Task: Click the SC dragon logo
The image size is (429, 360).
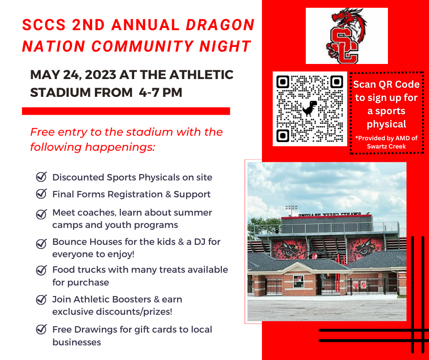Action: [x=346, y=36]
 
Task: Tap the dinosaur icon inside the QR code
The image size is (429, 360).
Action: [x=310, y=108]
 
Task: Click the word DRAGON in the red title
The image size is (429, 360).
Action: [x=220, y=25]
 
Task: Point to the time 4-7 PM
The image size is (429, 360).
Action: [x=161, y=92]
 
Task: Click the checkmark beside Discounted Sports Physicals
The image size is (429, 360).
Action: [x=42, y=177]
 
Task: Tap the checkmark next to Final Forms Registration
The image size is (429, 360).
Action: [x=42, y=194]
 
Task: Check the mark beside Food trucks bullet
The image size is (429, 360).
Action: [x=42, y=270]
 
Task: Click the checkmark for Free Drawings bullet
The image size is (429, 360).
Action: [x=42, y=329]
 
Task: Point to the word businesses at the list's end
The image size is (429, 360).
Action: [x=77, y=342]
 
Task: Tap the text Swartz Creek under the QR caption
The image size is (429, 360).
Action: [x=386, y=146]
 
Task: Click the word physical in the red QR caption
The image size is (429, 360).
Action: [x=386, y=125]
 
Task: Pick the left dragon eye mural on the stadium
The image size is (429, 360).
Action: [x=288, y=249]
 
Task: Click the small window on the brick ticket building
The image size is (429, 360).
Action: [x=298, y=281]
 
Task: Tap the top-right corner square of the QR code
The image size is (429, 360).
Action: [x=337, y=82]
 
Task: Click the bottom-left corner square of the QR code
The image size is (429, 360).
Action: [x=283, y=136]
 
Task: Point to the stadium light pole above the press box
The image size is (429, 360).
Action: [x=291, y=211]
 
